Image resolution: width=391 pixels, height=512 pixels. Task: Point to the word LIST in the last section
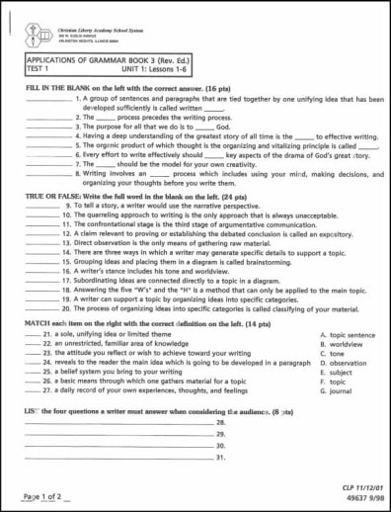[x=35, y=408]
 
